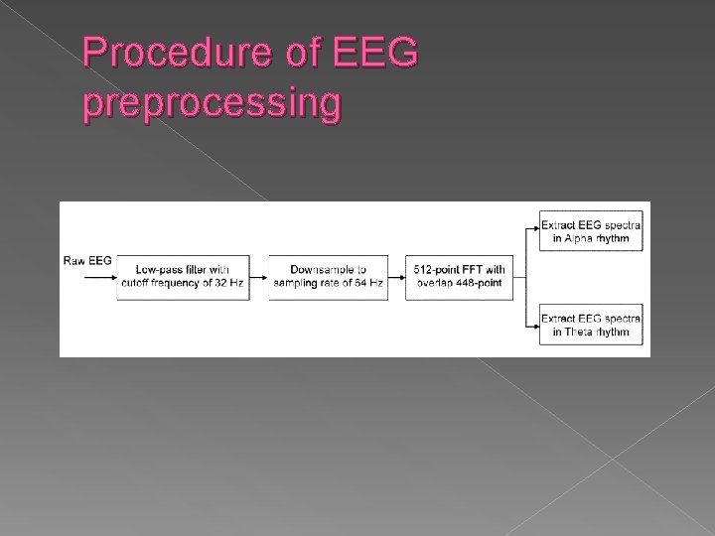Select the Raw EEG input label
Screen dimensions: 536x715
pos(87,261)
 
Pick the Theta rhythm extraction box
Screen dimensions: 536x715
pos(590,325)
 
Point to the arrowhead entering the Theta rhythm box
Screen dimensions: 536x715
pos(534,325)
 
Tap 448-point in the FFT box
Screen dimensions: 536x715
pos(481,284)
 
